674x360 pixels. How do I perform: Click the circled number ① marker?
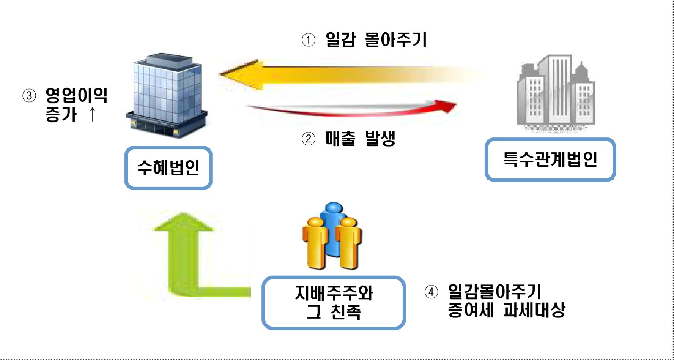click(x=308, y=40)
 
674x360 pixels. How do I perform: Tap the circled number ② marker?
click(x=308, y=139)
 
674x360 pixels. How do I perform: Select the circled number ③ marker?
click(x=29, y=95)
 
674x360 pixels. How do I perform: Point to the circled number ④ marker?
click(x=431, y=292)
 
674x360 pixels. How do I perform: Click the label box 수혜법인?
click(x=168, y=168)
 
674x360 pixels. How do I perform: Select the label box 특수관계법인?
click(x=550, y=159)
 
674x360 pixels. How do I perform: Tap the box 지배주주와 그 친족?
click(x=334, y=303)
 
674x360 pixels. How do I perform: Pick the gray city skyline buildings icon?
click(x=555, y=93)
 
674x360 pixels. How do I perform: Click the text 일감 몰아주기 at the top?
click(x=376, y=40)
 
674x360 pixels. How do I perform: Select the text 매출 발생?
click(x=360, y=139)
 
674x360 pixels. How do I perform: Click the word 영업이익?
click(x=76, y=95)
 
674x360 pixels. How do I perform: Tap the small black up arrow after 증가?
click(x=92, y=114)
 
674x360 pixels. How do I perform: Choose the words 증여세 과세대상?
click(x=506, y=310)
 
